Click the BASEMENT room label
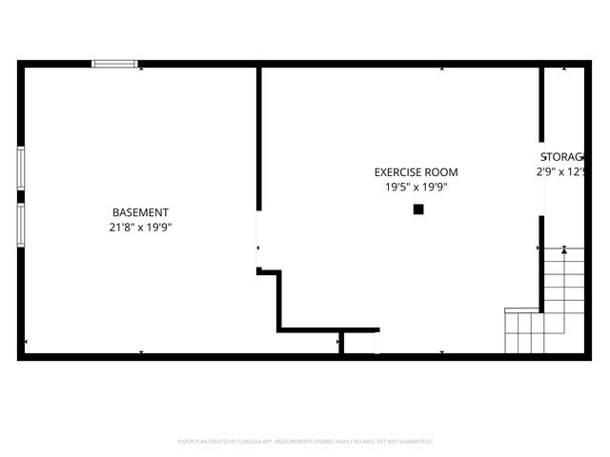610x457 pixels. [140, 212]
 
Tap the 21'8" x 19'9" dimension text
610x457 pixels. [140, 227]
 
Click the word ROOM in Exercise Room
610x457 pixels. [441, 172]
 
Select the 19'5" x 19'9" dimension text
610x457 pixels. [416, 188]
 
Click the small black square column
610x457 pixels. [417, 209]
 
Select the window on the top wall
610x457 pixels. [114, 64]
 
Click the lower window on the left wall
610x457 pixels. [21, 225]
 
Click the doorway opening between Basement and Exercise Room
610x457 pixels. [257, 239]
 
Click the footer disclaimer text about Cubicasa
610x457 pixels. [305, 442]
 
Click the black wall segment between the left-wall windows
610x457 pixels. [21, 197]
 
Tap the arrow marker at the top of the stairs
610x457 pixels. [564, 249]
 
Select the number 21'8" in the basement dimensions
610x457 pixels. [121, 227]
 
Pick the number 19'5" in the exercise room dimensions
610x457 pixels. [397, 188]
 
